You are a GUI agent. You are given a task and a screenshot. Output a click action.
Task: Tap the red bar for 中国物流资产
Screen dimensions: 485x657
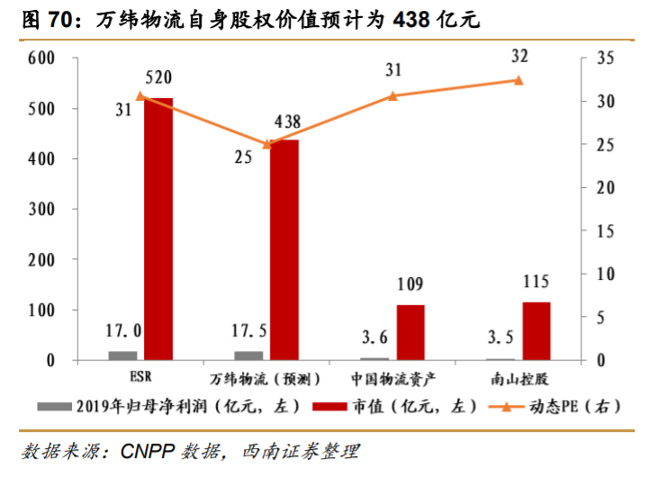(x=410, y=332)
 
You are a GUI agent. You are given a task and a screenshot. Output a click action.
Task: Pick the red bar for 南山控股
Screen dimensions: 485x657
(x=536, y=330)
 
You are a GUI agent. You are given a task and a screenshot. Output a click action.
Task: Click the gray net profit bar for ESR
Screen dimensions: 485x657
(x=123, y=355)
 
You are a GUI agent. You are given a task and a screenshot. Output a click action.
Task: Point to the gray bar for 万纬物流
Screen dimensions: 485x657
(x=249, y=355)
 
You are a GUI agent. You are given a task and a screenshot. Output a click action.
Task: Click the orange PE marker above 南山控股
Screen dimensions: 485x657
(x=518, y=80)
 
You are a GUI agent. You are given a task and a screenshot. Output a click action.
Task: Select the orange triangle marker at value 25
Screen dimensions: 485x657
(x=266, y=144)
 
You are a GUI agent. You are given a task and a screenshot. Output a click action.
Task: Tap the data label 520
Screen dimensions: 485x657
(x=158, y=78)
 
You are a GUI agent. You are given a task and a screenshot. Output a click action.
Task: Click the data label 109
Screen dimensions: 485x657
(x=410, y=285)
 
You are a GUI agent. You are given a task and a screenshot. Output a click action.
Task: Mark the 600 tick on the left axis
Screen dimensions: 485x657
(x=41, y=58)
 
